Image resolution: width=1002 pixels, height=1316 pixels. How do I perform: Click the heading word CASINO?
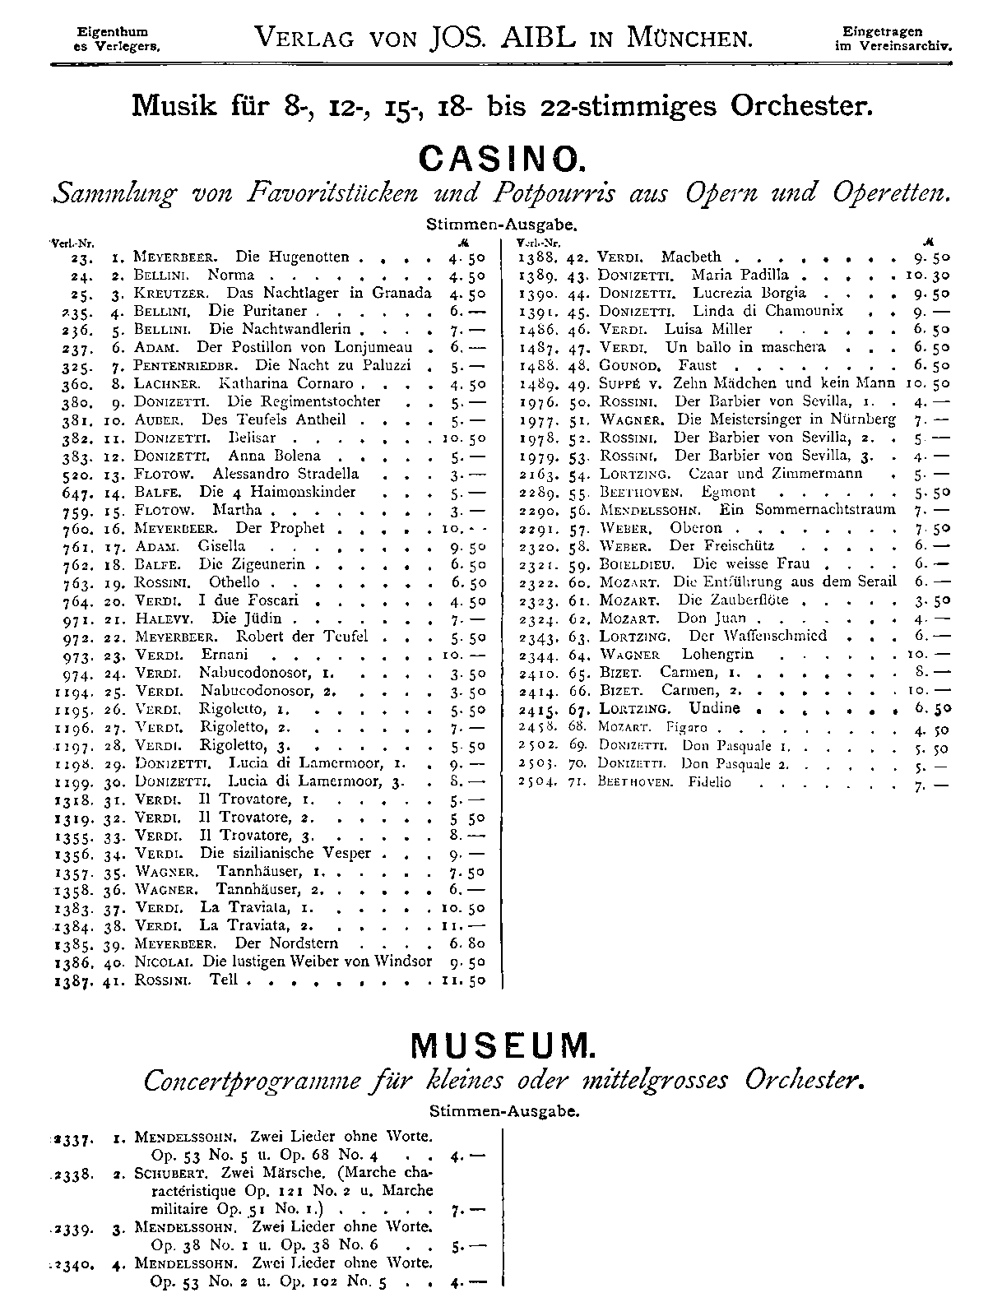tap(500, 156)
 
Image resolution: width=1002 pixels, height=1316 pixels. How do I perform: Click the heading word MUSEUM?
tap(500, 1045)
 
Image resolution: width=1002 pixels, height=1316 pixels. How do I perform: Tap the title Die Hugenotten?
tap(292, 257)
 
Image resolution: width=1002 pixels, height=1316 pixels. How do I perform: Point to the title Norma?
tap(231, 275)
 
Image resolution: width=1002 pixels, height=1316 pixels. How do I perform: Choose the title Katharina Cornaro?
tap(286, 383)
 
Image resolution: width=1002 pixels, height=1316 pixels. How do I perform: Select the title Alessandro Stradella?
tap(285, 474)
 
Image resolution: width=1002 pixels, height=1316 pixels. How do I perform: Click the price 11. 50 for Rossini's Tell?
tap(463, 980)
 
